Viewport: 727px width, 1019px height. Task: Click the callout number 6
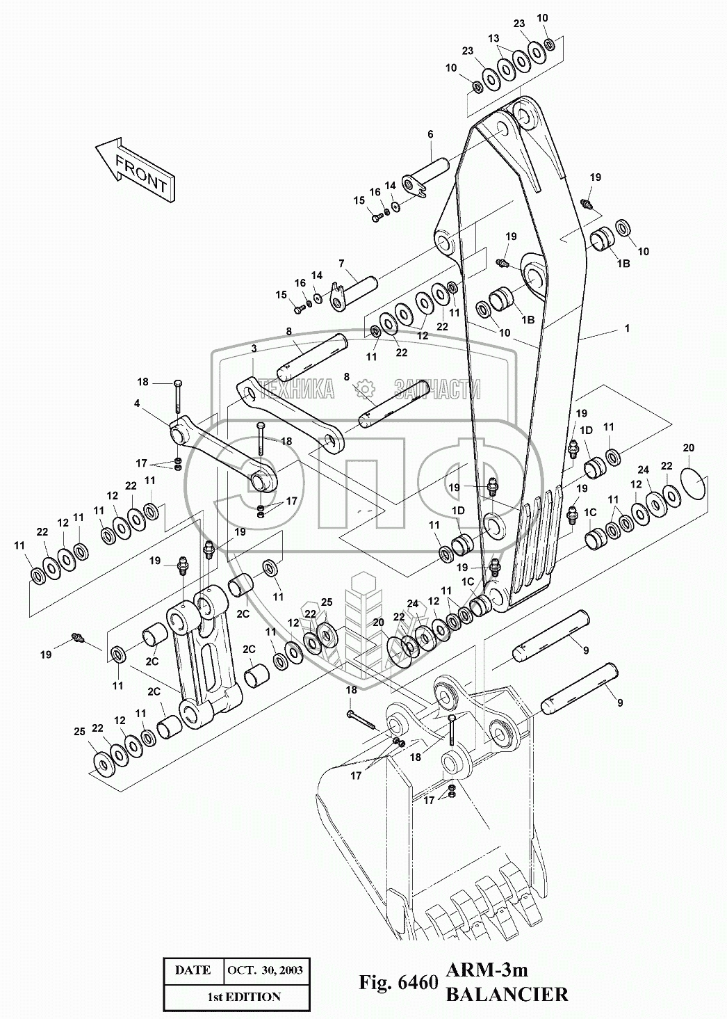click(x=430, y=134)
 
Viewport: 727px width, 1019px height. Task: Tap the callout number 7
click(x=341, y=264)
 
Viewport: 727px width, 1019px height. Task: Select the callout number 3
click(x=254, y=349)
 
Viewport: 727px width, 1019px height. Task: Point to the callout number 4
click(x=137, y=403)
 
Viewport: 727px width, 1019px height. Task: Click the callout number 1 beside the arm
click(x=627, y=328)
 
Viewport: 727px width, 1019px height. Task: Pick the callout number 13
click(x=493, y=39)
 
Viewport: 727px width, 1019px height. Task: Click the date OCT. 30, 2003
click(x=265, y=970)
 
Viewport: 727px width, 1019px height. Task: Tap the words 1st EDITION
click(x=244, y=997)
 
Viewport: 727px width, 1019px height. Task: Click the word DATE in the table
click(x=193, y=970)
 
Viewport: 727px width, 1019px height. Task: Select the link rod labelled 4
click(x=223, y=456)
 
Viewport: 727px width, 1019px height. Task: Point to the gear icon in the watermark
click(x=365, y=389)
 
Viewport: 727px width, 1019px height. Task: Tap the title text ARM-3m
click(x=487, y=970)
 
